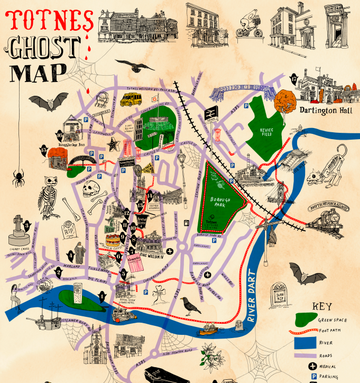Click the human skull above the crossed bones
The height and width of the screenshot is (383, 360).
pos(93,187)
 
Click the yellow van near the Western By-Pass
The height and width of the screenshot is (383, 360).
pos(131,99)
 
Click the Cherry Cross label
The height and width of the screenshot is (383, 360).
pos(21,248)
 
